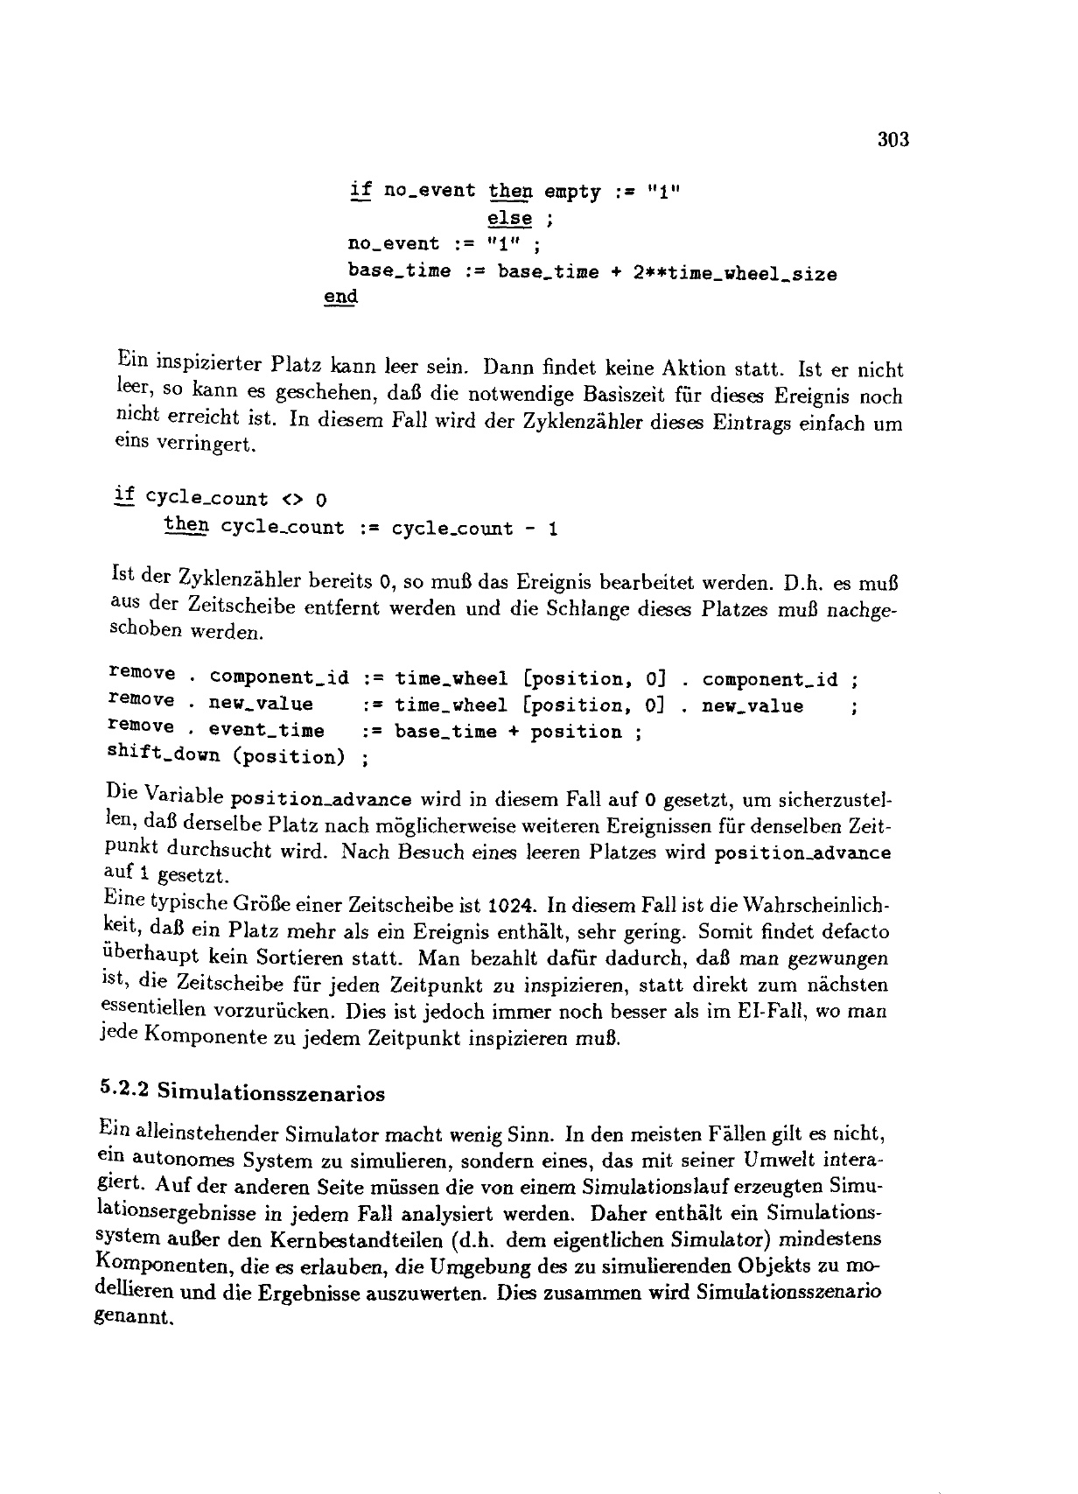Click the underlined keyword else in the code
pyautogui.click(x=510, y=218)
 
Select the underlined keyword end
pyautogui.click(x=340, y=297)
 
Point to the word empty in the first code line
pyautogui.click(x=572, y=192)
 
